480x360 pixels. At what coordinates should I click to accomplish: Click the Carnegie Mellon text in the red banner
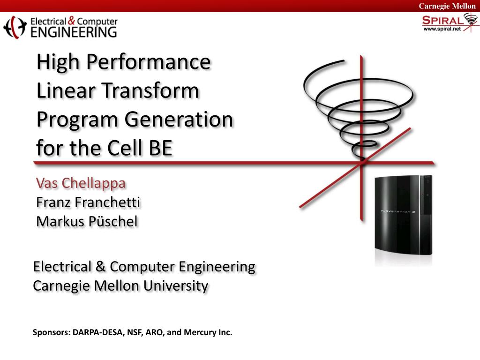[x=447, y=6]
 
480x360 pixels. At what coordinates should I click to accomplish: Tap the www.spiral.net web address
[x=442, y=29]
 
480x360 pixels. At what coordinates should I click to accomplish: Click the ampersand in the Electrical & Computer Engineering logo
[x=71, y=21]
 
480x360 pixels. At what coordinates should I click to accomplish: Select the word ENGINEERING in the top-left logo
[x=74, y=32]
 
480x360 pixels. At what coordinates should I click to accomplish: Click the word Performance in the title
[x=149, y=62]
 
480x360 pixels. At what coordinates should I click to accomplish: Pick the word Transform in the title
[x=150, y=90]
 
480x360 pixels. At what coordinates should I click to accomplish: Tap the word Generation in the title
[x=179, y=120]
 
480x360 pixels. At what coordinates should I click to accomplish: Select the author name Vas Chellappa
[x=81, y=184]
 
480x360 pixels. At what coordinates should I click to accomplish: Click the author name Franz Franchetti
[x=88, y=202]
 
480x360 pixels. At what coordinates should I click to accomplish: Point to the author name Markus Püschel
[x=87, y=221]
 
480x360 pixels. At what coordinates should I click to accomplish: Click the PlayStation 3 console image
[x=404, y=216]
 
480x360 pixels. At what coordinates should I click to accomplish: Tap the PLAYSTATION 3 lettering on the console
[x=397, y=211]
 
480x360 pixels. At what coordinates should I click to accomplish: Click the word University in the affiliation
[x=176, y=286]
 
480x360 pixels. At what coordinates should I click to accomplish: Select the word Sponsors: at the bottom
[x=52, y=333]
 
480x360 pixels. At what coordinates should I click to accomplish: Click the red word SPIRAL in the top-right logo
[x=443, y=21]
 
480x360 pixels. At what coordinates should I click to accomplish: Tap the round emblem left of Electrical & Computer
[x=15, y=27]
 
